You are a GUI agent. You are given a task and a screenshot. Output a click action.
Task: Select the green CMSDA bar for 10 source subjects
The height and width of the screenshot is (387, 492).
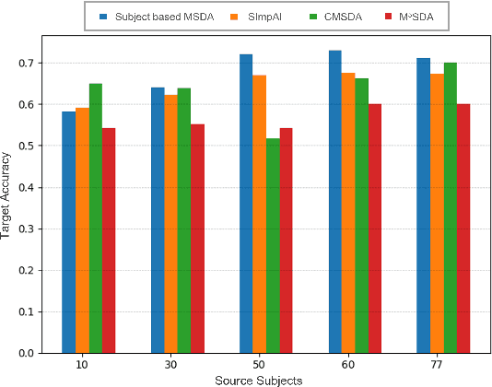(x=96, y=218)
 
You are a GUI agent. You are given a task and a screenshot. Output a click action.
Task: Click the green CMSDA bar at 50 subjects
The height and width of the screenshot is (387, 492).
(x=273, y=246)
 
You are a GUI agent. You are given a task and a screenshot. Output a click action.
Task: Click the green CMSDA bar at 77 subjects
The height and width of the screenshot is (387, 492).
(x=450, y=207)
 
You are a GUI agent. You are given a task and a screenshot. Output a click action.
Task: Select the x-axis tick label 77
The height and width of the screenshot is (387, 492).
(x=436, y=365)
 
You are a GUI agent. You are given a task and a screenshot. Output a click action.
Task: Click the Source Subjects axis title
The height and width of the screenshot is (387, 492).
(x=259, y=380)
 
